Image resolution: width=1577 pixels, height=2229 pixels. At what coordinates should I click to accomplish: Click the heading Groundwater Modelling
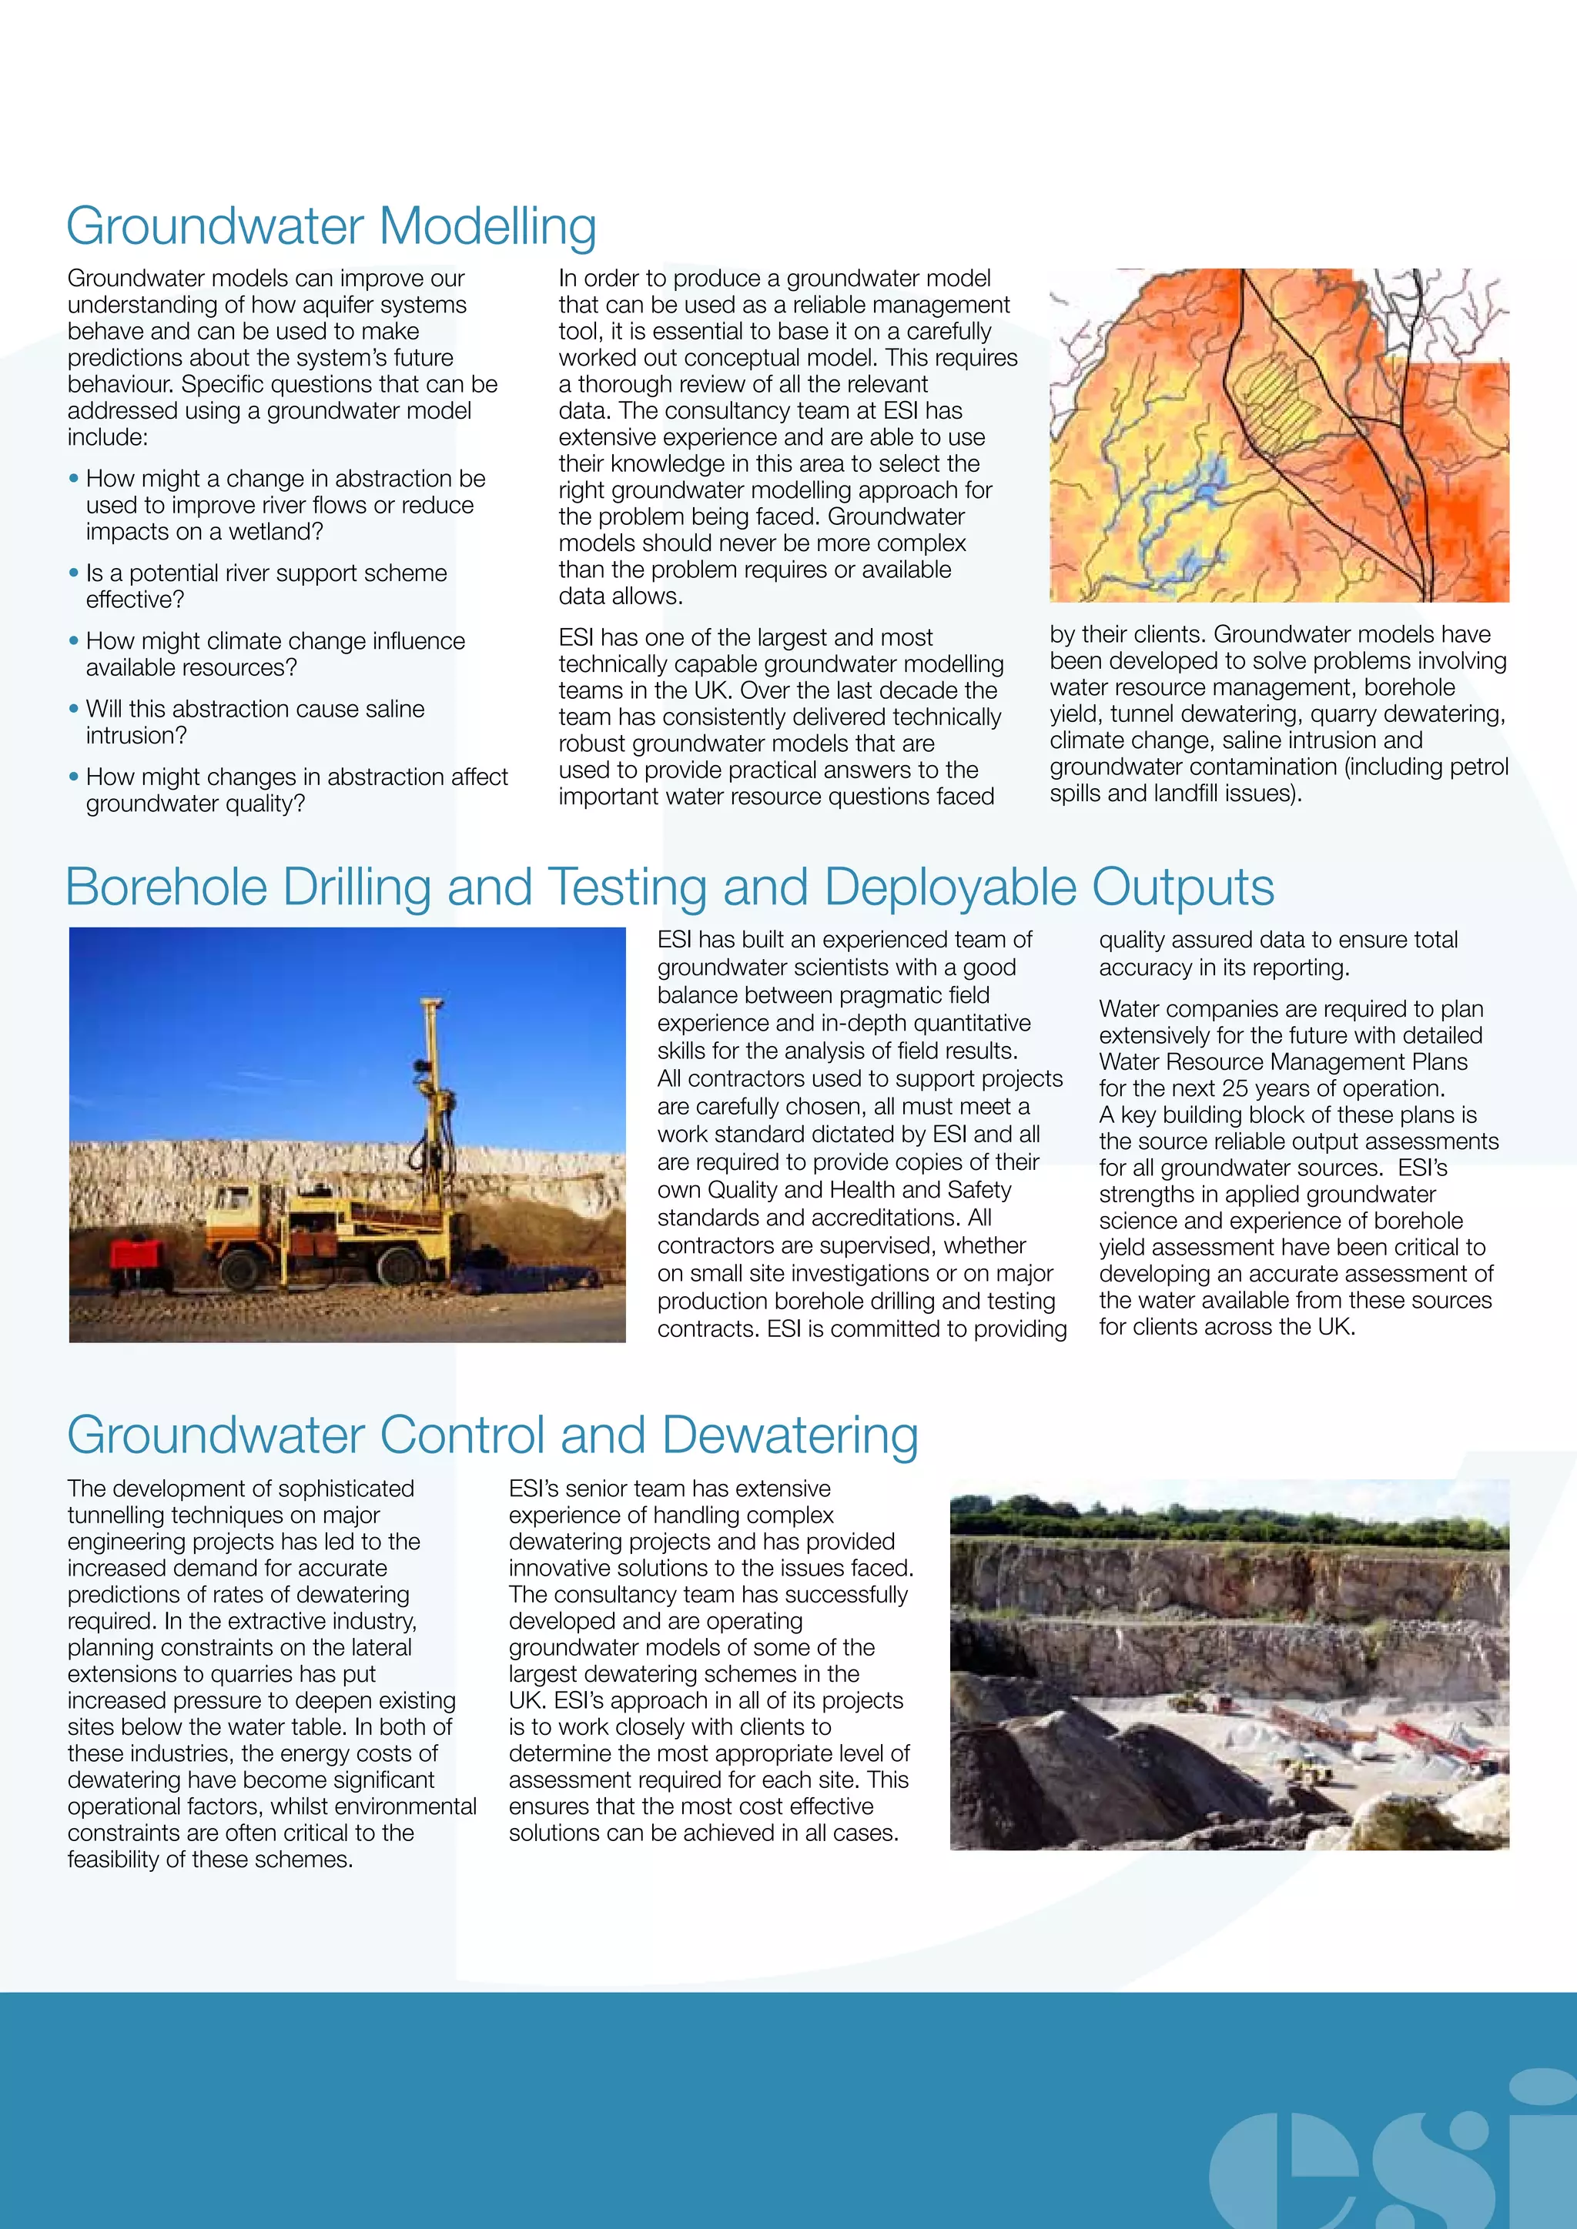(x=331, y=226)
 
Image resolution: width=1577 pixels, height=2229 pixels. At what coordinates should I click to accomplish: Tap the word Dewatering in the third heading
(x=791, y=1435)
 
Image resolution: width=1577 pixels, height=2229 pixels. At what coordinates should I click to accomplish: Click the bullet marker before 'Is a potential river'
(x=74, y=573)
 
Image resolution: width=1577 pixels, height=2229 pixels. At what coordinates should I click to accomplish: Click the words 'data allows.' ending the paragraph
(x=621, y=596)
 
